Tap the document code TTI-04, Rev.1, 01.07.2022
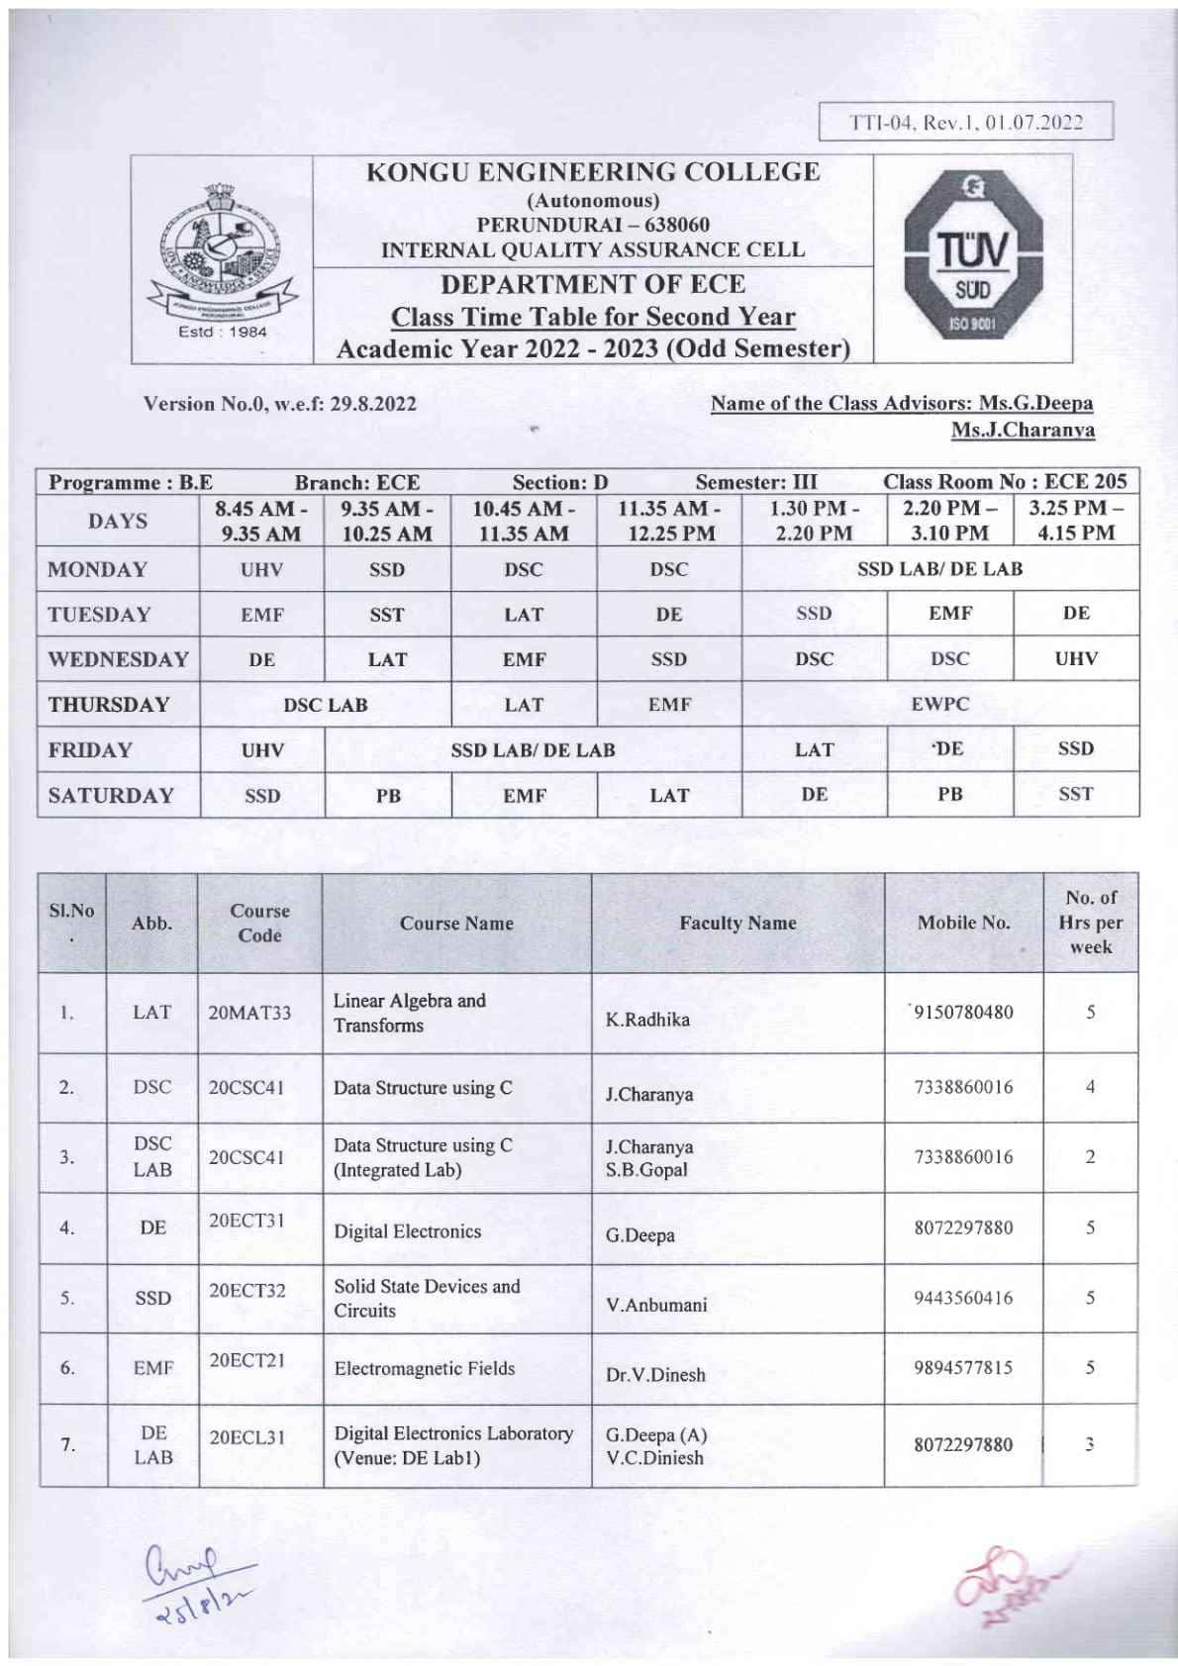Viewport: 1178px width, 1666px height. [966, 123]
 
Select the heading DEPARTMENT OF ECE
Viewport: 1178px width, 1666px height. [593, 284]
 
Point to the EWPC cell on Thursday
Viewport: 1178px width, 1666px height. [939, 704]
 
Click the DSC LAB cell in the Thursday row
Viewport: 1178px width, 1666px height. [326, 705]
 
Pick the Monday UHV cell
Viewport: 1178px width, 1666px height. [262, 569]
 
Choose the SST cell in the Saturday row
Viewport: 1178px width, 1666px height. [1075, 794]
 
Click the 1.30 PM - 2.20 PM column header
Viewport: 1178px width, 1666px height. [814, 521]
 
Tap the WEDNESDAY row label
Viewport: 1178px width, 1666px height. [118, 659]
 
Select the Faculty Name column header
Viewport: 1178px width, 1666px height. [737, 923]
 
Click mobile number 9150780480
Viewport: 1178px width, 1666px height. [963, 1012]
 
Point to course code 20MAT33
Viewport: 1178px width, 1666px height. [249, 1012]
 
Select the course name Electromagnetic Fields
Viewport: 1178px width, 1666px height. [425, 1368]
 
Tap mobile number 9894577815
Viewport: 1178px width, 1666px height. [963, 1368]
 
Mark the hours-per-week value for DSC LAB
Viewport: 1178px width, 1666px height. [1089, 1156]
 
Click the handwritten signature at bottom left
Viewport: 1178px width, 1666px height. [201, 1582]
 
